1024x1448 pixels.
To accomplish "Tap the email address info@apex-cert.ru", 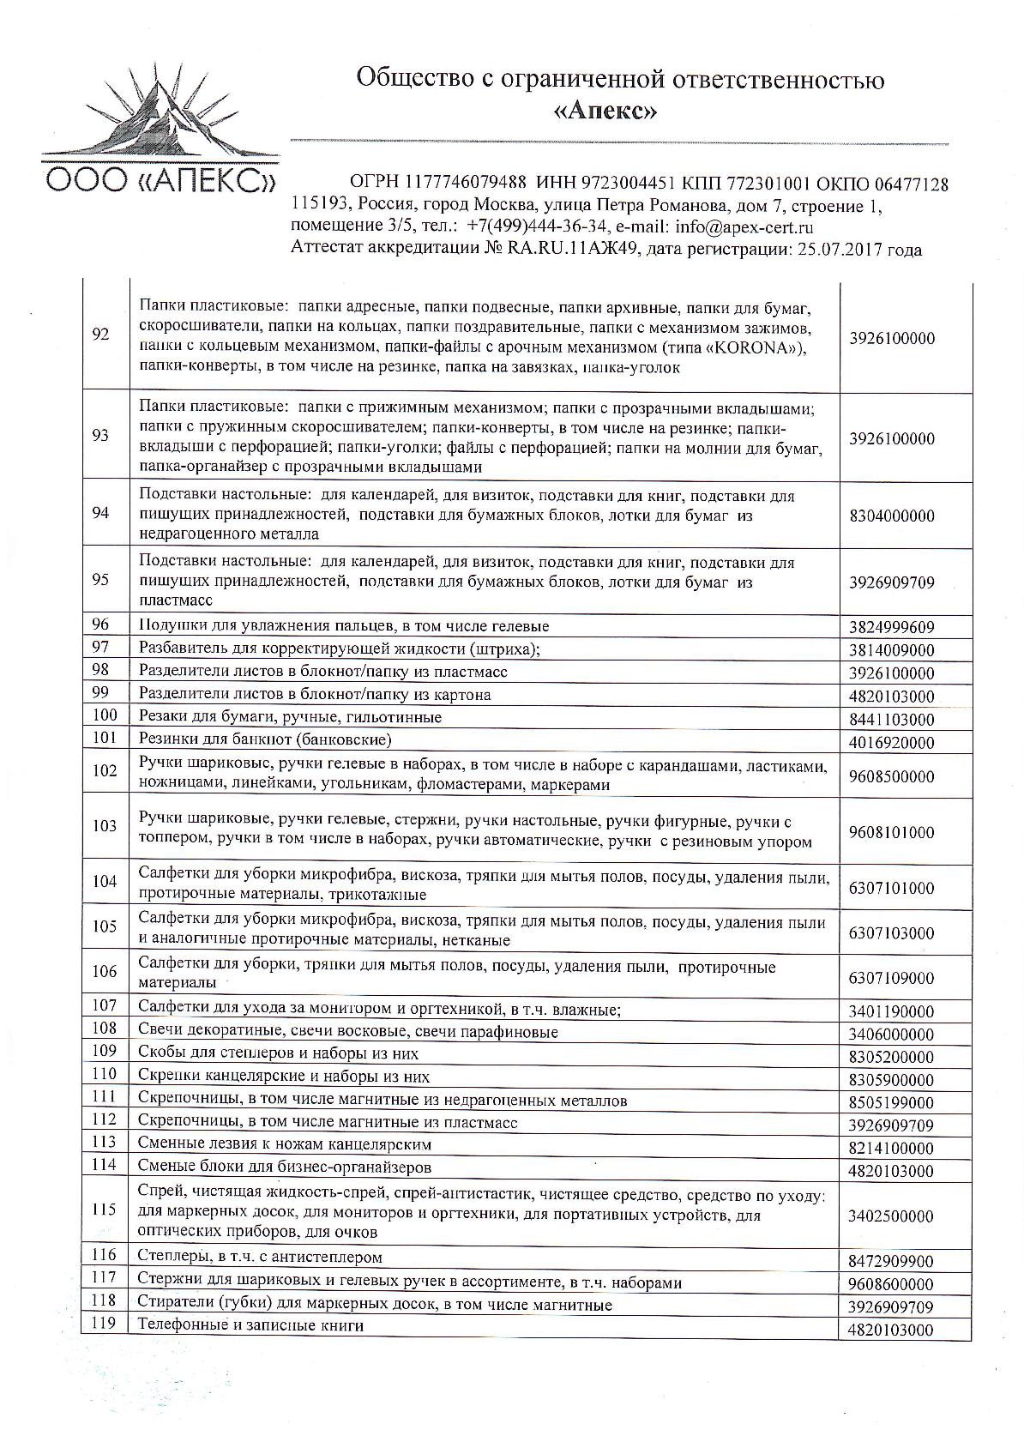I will (x=744, y=227).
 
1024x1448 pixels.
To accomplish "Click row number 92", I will (x=100, y=335).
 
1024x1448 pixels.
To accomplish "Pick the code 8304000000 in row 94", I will (x=892, y=516).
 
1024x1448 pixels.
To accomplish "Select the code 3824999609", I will (x=892, y=627).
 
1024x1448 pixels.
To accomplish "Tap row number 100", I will (x=103, y=715).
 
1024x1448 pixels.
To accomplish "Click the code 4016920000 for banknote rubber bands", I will (x=892, y=742).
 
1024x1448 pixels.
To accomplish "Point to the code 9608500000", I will (x=892, y=776).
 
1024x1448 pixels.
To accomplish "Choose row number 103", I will (x=103, y=826).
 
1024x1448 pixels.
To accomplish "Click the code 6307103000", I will (x=892, y=932).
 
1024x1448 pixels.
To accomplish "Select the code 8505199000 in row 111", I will (x=892, y=1102).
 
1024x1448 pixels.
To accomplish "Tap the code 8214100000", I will (x=892, y=1148).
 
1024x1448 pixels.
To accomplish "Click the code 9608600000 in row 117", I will (x=892, y=1285).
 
